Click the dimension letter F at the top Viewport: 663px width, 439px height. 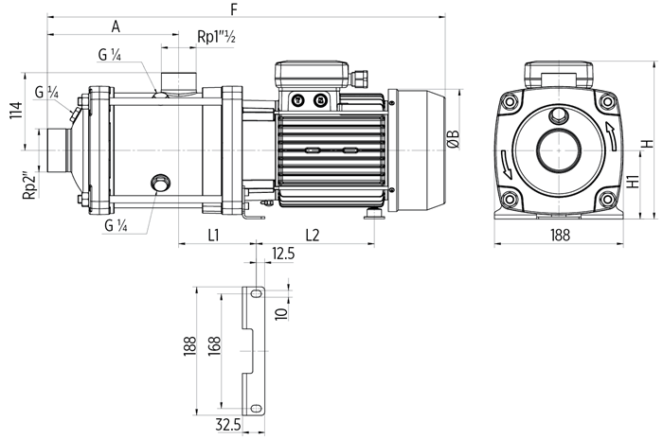click(x=234, y=9)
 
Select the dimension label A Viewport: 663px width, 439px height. click(x=116, y=26)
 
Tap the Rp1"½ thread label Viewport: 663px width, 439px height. click(x=216, y=37)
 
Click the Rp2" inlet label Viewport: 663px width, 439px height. click(x=29, y=184)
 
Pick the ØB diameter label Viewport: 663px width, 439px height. click(x=454, y=139)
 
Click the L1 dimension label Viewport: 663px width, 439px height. click(x=214, y=236)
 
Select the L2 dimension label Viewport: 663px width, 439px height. click(x=312, y=236)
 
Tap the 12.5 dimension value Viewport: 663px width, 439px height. click(x=283, y=254)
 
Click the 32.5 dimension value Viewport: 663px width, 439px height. click(x=228, y=424)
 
